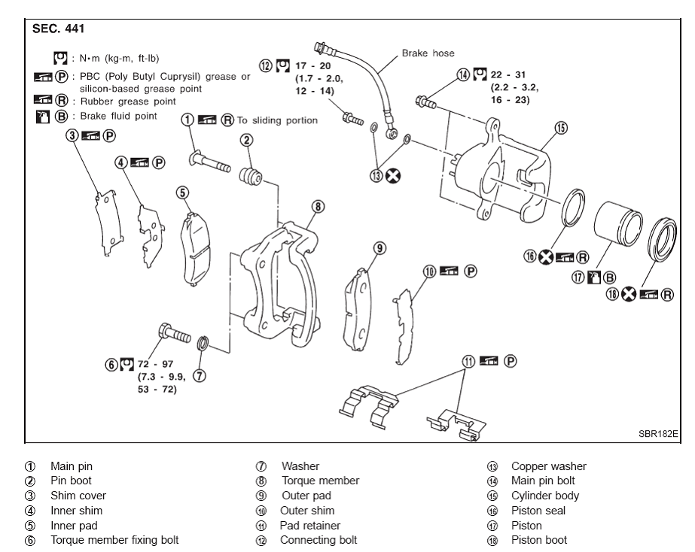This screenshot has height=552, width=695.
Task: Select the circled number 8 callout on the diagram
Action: pyautogui.click(x=319, y=205)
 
